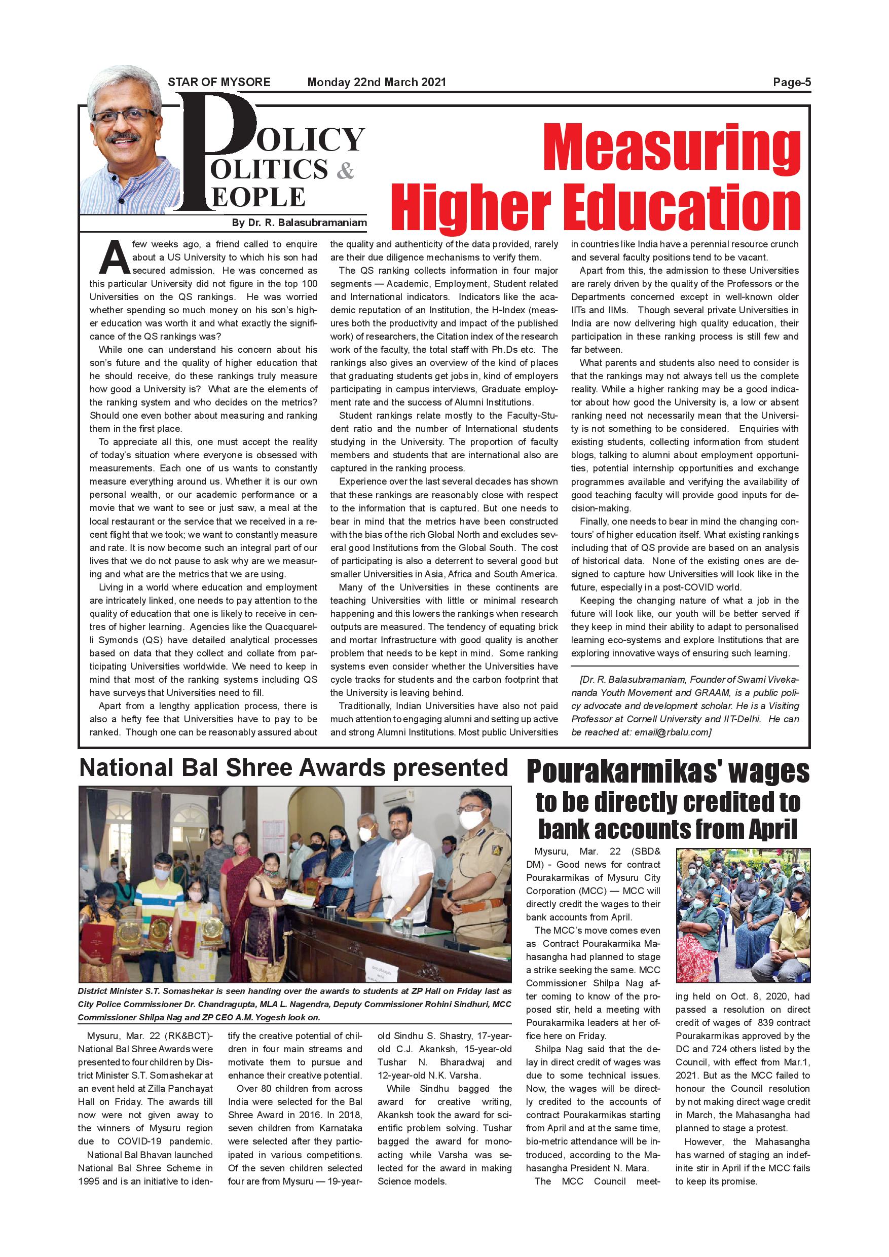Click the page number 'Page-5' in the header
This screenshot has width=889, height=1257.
click(x=792, y=83)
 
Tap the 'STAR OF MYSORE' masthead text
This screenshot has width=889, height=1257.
click(x=219, y=83)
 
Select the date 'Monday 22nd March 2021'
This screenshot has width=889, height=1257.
click(x=377, y=83)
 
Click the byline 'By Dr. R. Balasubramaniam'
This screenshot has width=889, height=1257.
click(x=300, y=223)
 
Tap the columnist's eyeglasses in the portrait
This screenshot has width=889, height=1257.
click(x=124, y=116)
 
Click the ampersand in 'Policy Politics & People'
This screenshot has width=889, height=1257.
click(x=344, y=171)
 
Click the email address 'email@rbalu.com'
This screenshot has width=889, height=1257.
click(x=672, y=732)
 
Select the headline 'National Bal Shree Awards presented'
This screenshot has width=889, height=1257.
click(x=293, y=767)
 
